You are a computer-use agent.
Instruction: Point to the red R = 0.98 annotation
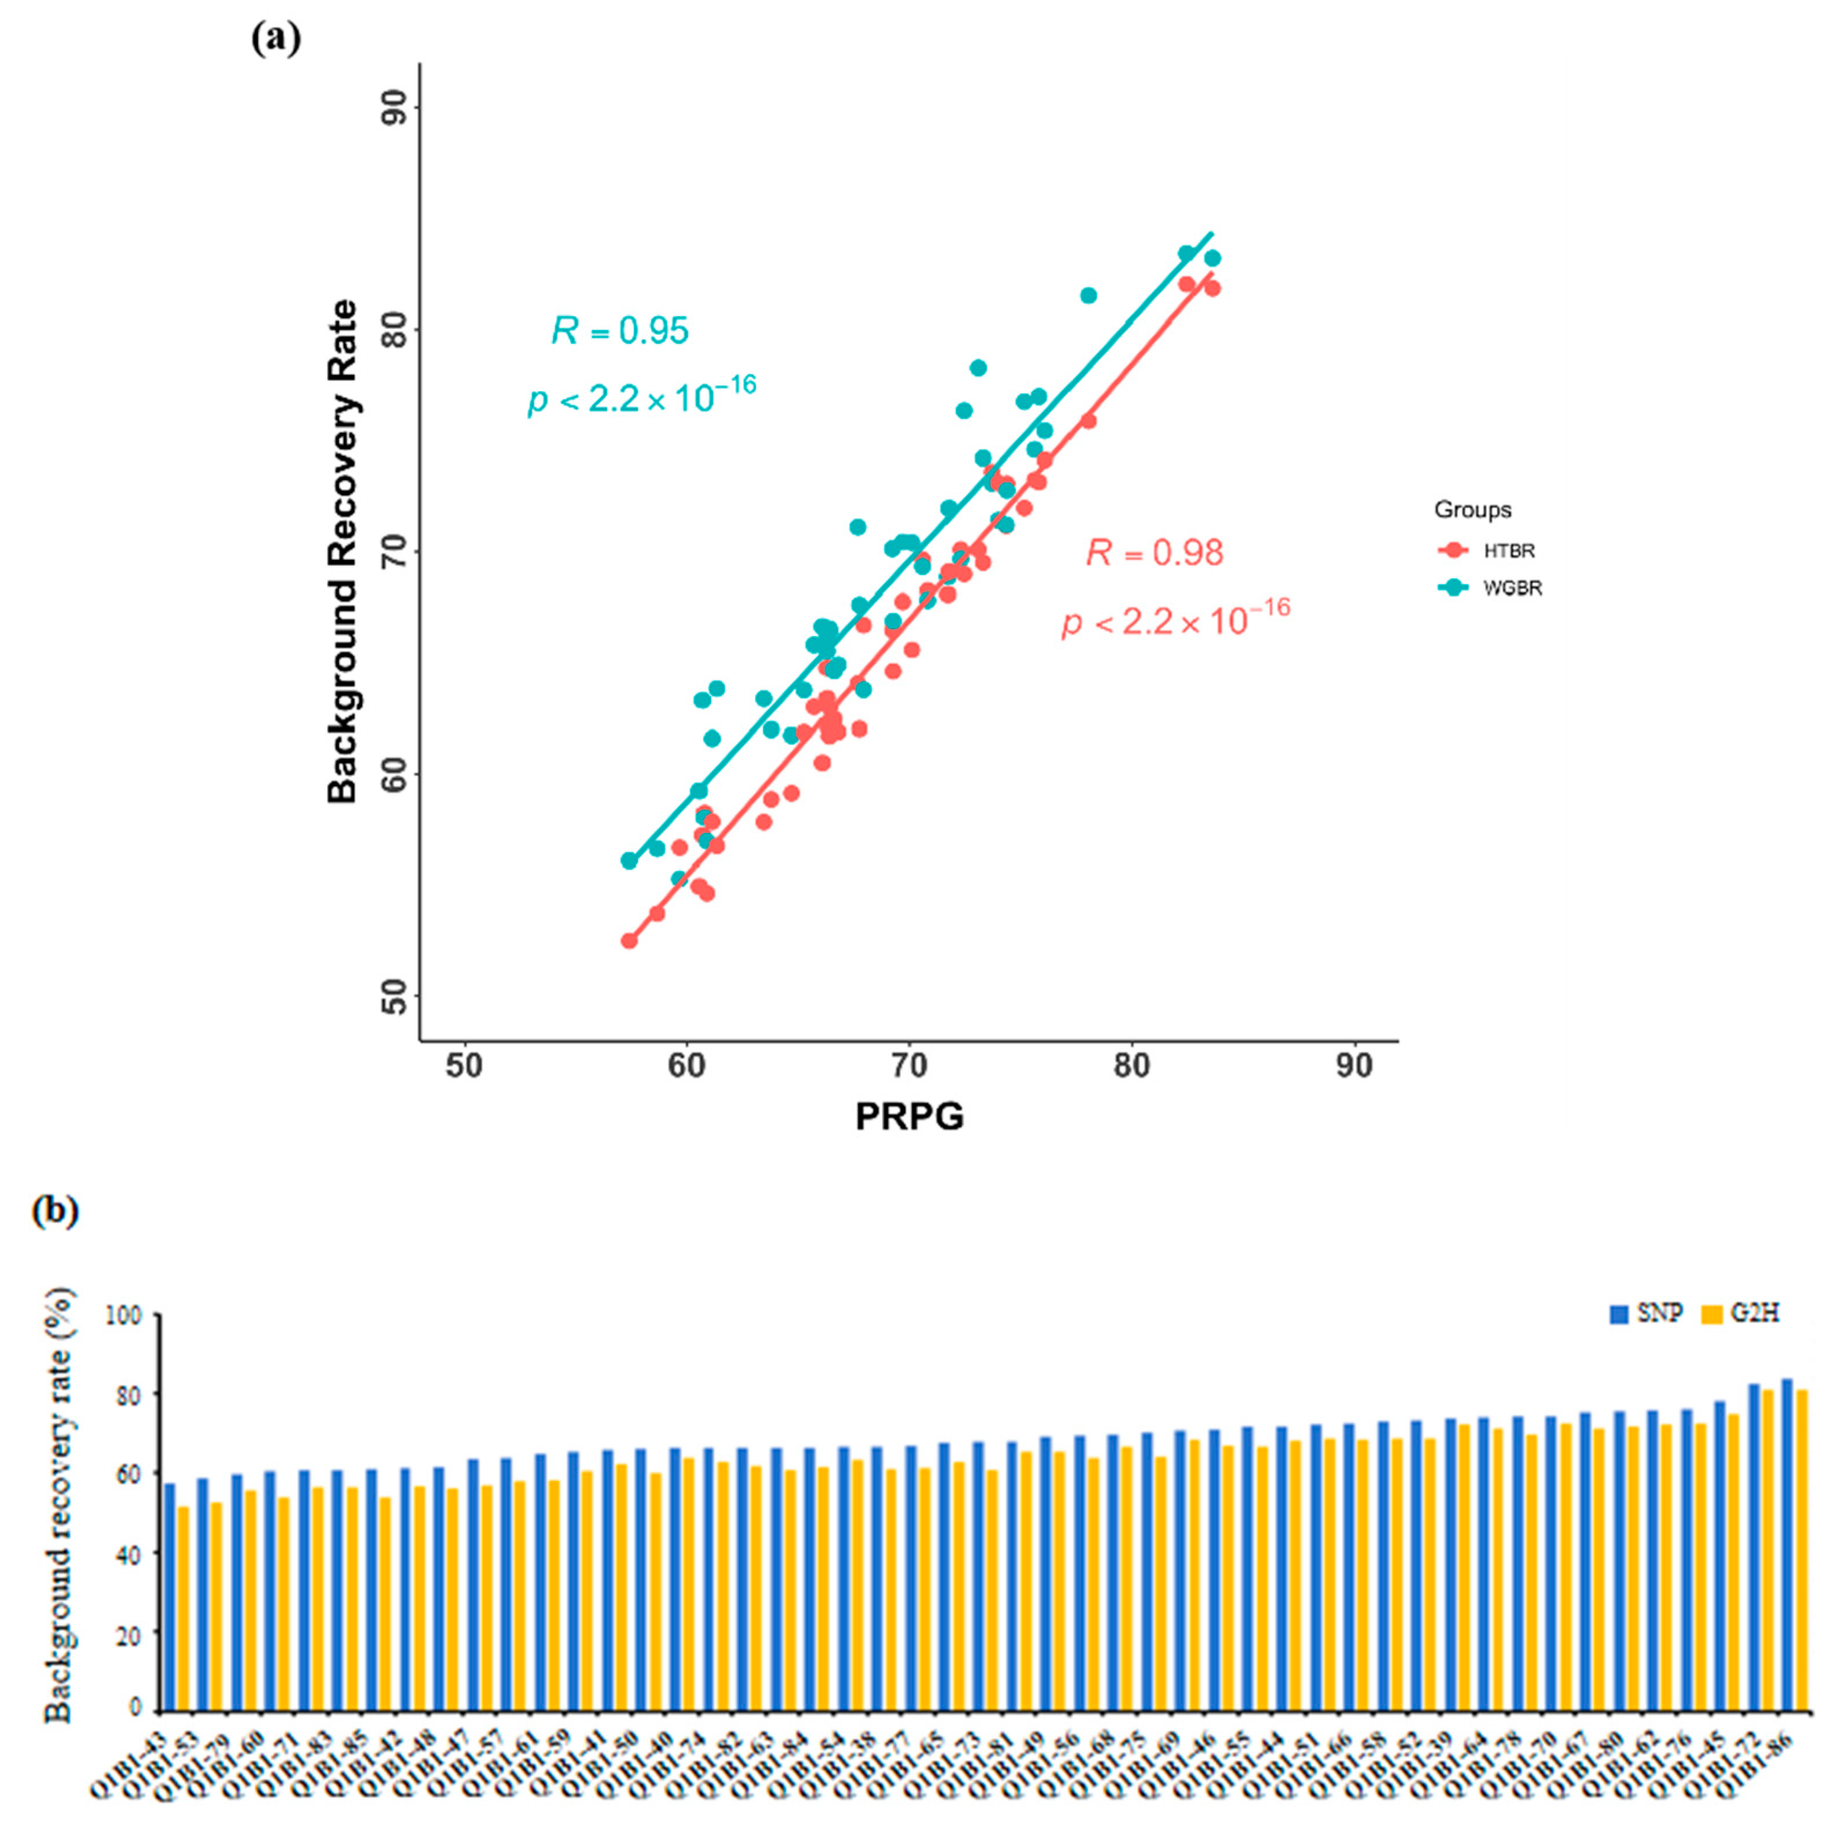coord(1154,552)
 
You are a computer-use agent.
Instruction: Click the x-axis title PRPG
coord(909,1116)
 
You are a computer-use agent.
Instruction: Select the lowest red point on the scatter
coord(629,940)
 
